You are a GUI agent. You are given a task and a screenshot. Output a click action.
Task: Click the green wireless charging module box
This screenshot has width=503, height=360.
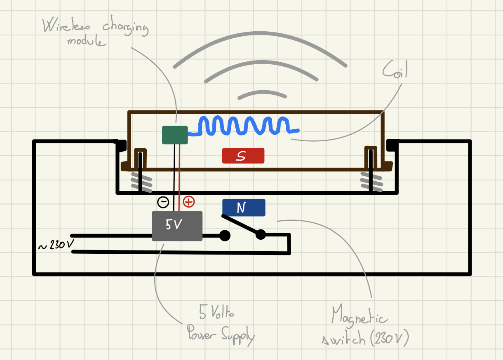click(x=175, y=135)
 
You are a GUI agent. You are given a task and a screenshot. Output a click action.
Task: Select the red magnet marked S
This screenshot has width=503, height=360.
click(x=243, y=156)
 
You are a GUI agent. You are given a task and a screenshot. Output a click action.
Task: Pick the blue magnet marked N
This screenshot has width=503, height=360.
click(x=243, y=208)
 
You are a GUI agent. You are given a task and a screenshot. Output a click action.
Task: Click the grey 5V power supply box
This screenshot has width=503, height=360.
click(x=177, y=226)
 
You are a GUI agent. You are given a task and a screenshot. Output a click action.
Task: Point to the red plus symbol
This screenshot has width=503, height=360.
click(x=188, y=202)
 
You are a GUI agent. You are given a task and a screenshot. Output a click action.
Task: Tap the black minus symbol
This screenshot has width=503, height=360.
click(x=163, y=202)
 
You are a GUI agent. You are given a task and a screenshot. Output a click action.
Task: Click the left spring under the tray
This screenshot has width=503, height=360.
click(x=141, y=180)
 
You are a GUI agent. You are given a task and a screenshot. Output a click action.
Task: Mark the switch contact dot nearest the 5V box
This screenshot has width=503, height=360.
click(x=225, y=236)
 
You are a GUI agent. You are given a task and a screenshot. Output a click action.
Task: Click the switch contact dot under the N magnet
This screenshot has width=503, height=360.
click(x=261, y=235)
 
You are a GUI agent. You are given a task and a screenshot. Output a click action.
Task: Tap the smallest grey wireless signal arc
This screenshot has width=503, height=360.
click(x=262, y=94)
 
